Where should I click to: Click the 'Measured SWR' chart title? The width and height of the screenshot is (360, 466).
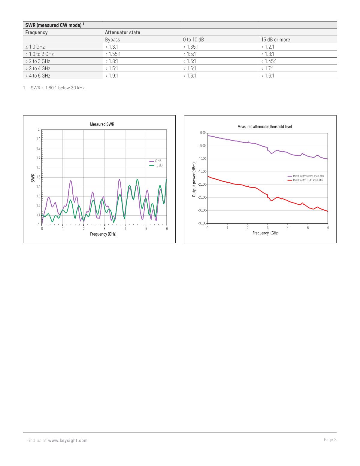pos(102,124)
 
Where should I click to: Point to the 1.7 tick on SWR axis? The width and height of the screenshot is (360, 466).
pos(38,158)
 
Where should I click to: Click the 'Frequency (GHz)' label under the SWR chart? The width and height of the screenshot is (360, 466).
pos(103,234)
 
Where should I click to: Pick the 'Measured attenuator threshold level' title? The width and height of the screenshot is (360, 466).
pos(265,127)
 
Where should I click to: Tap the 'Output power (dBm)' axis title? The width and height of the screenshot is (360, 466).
pos(194,180)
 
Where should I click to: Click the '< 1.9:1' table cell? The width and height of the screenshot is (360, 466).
pos(111,76)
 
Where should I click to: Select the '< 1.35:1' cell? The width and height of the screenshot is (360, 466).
pos(191,47)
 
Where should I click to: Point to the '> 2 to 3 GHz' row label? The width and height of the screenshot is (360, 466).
pos(38,61)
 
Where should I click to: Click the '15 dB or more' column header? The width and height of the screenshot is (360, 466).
pos(275,40)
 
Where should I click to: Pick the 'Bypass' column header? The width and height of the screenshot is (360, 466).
pos(112,40)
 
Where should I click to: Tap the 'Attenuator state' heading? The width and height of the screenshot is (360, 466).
pos(122,32)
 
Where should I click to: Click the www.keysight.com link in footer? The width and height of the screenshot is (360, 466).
pos(68,440)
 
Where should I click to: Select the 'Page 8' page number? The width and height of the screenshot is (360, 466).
pos(330,440)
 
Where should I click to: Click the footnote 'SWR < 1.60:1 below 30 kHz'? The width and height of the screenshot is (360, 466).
pos(58,88)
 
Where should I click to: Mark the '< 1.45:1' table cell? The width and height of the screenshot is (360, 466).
pos(269,61)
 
